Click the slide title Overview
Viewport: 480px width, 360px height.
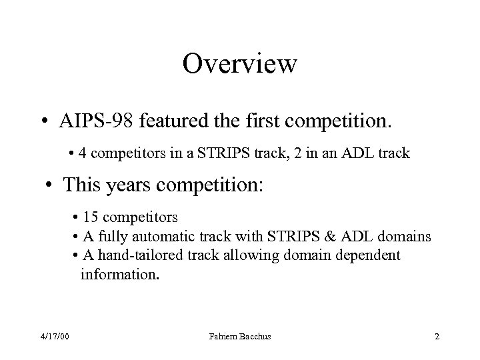239,64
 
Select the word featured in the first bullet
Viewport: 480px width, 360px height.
178,122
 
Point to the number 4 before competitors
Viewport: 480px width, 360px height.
81,153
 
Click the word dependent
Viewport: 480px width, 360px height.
371,256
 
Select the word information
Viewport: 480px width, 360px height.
119,274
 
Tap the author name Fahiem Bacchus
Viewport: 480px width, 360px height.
241,337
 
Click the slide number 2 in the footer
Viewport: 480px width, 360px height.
437,337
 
